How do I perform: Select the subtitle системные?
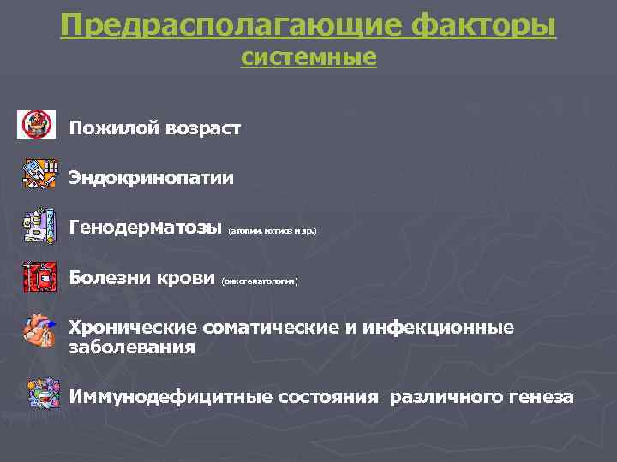pos(308,58)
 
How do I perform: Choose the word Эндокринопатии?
pos(152,178)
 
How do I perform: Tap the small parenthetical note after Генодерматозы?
pos(272,231)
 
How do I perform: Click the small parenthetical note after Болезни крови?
pos(260,281)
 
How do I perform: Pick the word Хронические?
pos(135,328)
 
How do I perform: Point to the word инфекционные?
pos(438,328)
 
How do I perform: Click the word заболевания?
pos(132,347)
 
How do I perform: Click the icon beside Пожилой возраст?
pos(36,125)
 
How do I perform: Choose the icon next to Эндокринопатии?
pos(39,174)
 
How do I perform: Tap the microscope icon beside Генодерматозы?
pos(39,226)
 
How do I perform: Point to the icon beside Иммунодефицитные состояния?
pos(41,396)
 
